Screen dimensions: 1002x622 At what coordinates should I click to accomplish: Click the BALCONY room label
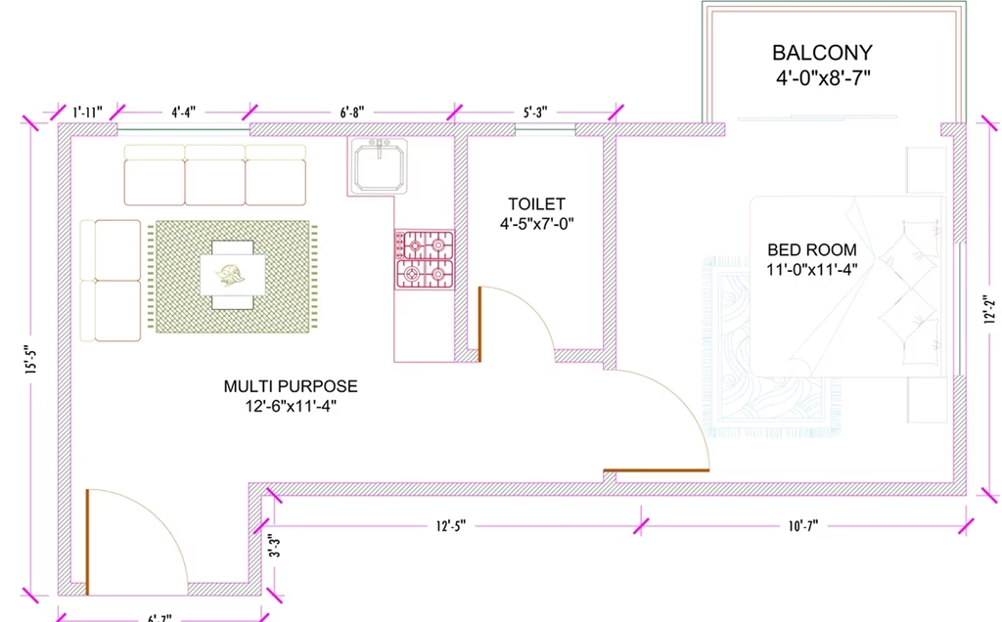click(x=822, y=53)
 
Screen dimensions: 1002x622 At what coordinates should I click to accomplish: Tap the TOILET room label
click(x=537, y=204)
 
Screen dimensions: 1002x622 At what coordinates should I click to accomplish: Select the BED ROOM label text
click(x=812, y=249)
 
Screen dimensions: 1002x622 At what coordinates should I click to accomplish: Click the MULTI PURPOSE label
click(x=291, y=386)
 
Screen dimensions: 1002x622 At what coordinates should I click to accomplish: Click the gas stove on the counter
click(x=425, y=259)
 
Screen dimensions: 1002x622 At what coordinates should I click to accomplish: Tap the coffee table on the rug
click(x=233, y=275)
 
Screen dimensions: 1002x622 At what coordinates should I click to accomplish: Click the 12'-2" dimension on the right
click(x=990, y=309)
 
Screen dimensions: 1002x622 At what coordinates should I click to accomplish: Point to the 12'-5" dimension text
click(x=451, y=526)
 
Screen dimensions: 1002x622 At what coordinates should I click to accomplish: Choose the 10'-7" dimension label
click(x=803, y=526)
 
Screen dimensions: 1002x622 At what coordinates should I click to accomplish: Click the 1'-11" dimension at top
click(x=87, y=113)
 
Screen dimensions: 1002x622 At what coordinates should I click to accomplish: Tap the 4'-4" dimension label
click(x=183, y=113)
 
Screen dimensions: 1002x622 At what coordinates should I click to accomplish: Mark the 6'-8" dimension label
click(x=352, y=113)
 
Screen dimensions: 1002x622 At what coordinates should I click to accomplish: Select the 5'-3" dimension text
click(x=535, y=113)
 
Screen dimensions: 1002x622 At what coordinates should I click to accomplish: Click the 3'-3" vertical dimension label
click(x=274, y=546)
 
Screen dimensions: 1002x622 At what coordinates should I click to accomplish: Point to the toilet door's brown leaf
click(x=479, y=325)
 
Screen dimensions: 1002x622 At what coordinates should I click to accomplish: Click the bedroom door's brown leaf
click(x=657, y=470)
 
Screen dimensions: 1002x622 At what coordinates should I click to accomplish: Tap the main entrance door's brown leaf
click(x=87, y=542)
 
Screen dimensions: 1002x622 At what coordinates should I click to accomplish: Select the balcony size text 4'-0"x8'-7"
click(x=823, y=78)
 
